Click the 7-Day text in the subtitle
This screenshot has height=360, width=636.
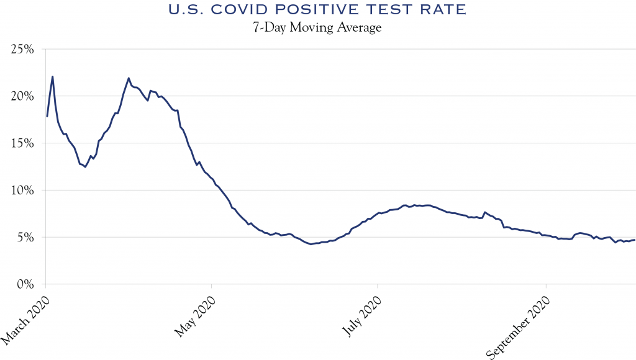pyautogui.click(x=268, y=28)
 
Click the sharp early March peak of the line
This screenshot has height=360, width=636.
pyautogui.click(x=52, y=76)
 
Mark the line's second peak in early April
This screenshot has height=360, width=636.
pyautogui.click(x=129, y=78)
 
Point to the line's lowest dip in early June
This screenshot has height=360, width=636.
pyautogui.click(x=311, y=244)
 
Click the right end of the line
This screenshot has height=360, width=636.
pyautogui.click(x=634, y=240)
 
